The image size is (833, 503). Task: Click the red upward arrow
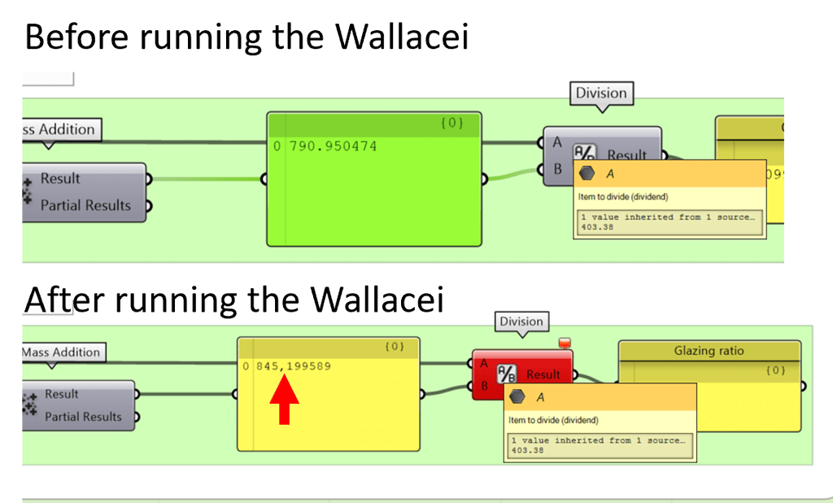pos(284,400)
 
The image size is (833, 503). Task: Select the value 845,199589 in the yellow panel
pos(293,366)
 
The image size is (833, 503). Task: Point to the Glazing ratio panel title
pos(709,351)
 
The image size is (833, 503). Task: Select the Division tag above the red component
pos(521,321)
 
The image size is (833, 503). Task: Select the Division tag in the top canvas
pos(601,93)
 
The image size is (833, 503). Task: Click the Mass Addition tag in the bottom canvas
pos(63,352)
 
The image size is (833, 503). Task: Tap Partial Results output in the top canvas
pos(85,205)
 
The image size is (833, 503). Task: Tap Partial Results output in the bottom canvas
pos(83,417)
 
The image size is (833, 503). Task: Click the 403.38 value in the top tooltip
pos(597,227)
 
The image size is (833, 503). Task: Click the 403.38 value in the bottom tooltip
pos(526,449)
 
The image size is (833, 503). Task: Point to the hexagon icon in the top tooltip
pos(587,173)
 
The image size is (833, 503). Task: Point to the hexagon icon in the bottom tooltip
pos(517,397)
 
